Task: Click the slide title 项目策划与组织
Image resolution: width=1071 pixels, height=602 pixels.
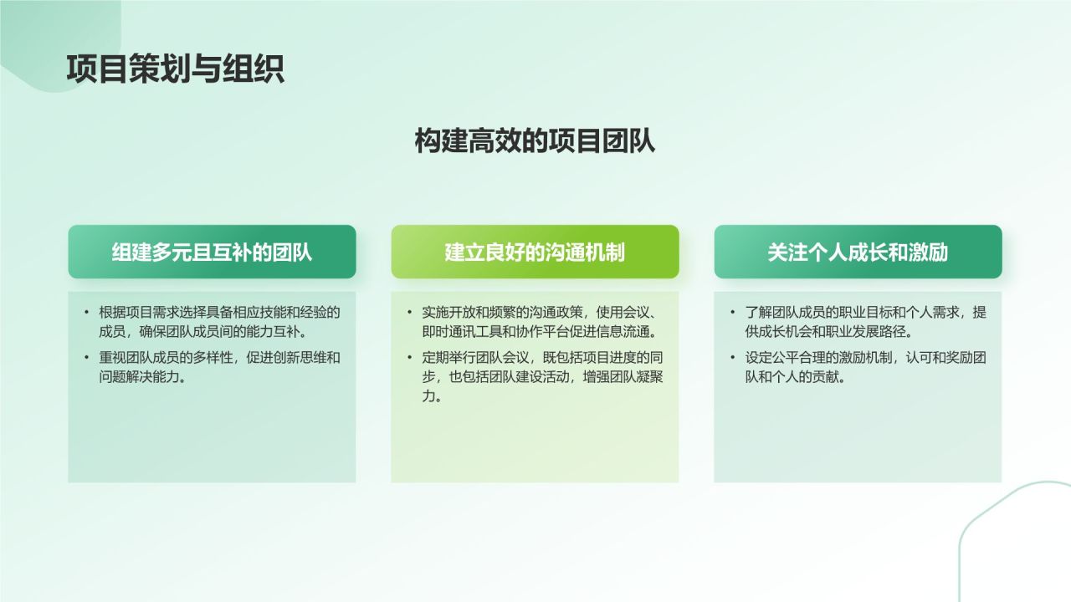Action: [x=175, y=69]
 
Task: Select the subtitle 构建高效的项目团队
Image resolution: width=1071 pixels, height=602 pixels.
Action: [x=535, y=141]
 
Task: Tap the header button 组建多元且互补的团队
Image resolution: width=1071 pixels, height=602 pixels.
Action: [x=212, y=252]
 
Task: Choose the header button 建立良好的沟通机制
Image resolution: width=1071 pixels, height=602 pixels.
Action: [x=535, y=252]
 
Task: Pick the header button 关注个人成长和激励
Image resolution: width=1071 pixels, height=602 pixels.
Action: [x=858, y=252]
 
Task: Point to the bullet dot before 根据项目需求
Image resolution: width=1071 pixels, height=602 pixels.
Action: [x=86, y=313]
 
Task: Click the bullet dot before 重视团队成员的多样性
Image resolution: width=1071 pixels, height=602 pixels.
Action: [x=86, y=358]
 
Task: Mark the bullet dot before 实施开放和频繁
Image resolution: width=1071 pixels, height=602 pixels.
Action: [x=409, y=313]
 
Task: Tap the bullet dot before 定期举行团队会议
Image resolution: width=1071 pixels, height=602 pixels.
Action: [x=409, y=358]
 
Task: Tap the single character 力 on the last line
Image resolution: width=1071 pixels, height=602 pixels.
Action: [x=428, y=396]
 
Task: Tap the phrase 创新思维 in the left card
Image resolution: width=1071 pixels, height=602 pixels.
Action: [x=296, y=358]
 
